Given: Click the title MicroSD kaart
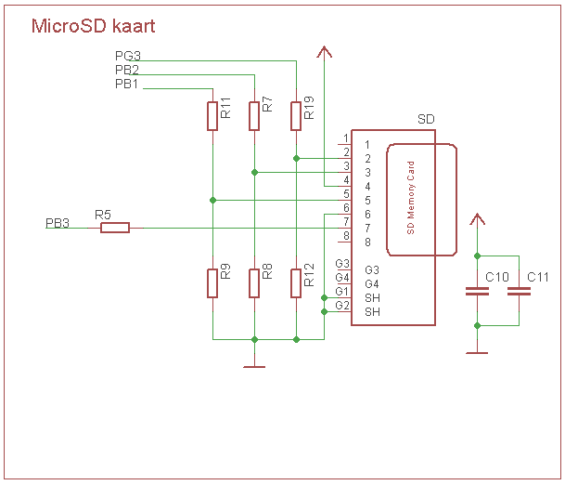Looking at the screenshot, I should [93, 26].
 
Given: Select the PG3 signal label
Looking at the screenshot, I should [127, 57].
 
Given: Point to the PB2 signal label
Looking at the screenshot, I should [127, 71].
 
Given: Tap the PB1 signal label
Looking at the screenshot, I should [127, 85].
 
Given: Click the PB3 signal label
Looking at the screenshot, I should [58, 224].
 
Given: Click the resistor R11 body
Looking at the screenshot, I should [212, 116].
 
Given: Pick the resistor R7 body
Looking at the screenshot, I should [254, 116].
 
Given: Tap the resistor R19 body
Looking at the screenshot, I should [296, 116].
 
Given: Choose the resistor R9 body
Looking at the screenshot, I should [212, 283].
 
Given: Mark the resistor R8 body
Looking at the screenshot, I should [254, 283].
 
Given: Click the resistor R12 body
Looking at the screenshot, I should [296, 283].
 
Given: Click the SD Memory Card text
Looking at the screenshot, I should [412, 200].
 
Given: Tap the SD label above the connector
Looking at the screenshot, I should [426, 120].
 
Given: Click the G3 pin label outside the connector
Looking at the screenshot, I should [342, 264].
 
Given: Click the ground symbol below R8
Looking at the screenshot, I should [254, 366].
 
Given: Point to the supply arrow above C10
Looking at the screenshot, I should [477, 220].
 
